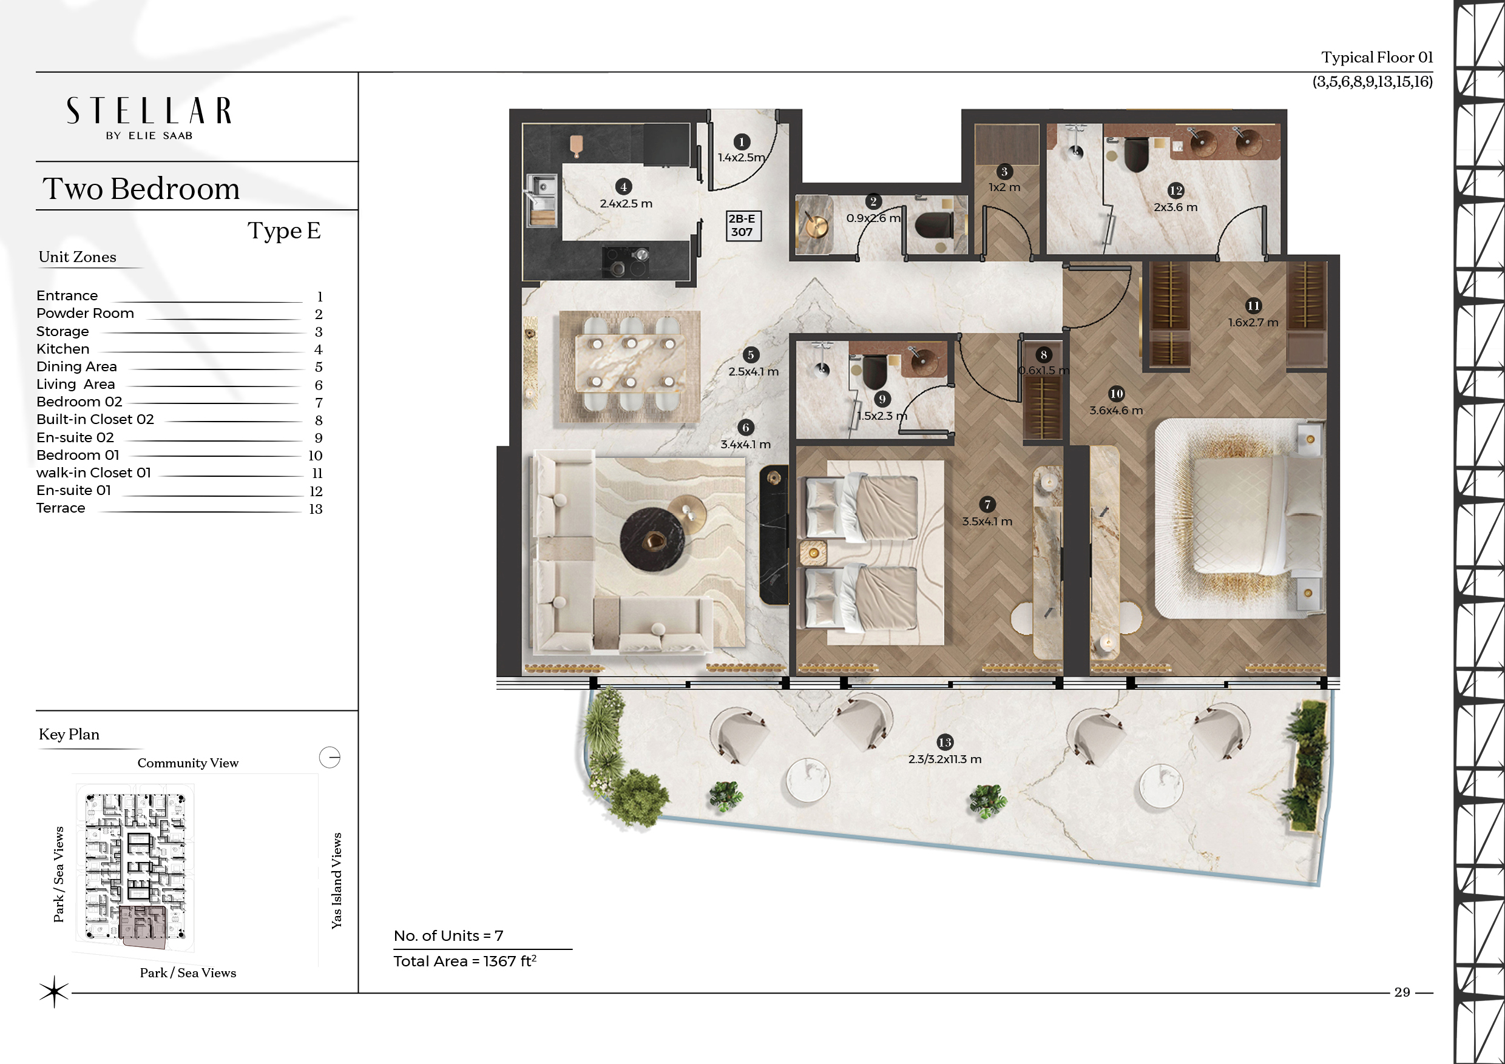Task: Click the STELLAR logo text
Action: point(149,111)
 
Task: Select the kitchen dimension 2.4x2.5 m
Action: point(626,204)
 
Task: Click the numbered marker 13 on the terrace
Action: point(944,742)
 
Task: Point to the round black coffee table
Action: point(653,539)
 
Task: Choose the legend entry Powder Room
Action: point(85,313)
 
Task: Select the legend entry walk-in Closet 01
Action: point(93,473)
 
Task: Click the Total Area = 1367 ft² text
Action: point(465,961)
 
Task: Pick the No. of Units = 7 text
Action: point(448,935)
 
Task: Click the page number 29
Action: point(1402,992)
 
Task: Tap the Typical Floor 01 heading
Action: point(1377,58)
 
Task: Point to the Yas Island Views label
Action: point(337,880)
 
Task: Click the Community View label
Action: point(188,763)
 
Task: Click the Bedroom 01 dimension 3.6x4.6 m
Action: point(1115,411)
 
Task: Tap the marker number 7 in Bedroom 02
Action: point(987,505)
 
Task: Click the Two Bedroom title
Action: point(141,189)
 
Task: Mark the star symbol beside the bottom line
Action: point(54,992)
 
